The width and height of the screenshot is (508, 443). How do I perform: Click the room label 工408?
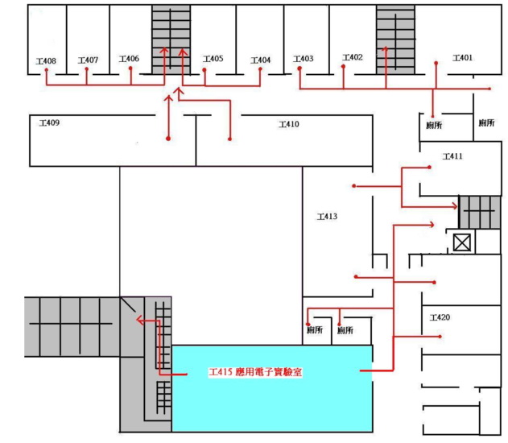point(46,61)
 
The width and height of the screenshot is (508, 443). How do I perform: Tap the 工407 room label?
point(88,60)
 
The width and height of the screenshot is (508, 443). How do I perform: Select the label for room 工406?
point(129,59)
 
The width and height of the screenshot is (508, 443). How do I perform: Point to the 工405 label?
point(213,59)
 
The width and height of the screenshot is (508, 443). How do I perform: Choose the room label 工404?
point(261,60)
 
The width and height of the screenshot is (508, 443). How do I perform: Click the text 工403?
point(304,59)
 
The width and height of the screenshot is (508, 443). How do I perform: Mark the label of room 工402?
point(353,57)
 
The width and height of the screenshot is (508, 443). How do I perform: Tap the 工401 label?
point(462,58)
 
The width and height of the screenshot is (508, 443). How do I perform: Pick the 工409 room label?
point(49,123)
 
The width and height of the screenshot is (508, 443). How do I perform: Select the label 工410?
point(288,124)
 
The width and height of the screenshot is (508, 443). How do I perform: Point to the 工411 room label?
point(452,156)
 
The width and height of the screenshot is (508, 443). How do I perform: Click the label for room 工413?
point(326,216)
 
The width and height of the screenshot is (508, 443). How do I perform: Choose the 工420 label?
point(440,317)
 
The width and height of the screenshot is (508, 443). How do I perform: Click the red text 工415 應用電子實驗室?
point(255,373)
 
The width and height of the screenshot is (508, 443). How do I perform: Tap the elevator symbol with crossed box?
point(462,242)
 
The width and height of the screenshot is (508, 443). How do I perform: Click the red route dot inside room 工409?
point(168,139)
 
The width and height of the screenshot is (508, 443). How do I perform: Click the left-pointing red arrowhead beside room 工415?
point(139,321)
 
